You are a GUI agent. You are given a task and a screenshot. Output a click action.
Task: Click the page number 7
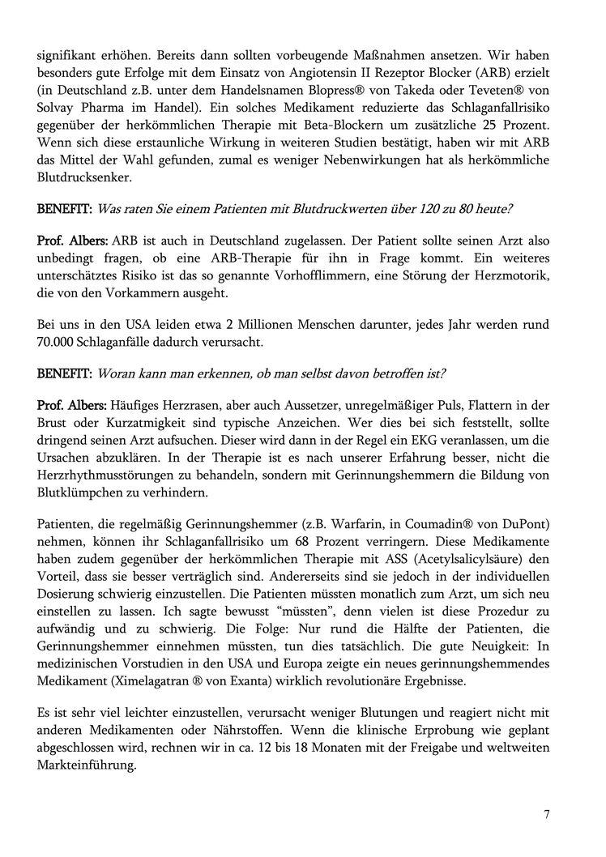547,815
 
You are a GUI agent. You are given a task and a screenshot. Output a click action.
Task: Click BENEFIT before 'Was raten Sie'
64,209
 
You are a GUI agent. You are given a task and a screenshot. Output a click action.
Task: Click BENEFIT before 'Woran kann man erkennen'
64,373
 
